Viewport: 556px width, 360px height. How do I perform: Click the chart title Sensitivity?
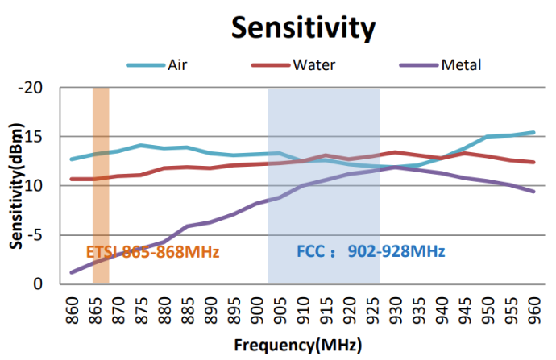click(x=304, y=27)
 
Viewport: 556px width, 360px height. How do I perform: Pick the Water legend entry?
click(x=313, y=64)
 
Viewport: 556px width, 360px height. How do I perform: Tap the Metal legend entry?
click(x=461, y=64)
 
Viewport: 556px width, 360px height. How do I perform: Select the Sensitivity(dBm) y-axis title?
click(x=17, y=185)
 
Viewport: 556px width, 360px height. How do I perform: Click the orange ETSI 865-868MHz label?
click(x=152, y=252)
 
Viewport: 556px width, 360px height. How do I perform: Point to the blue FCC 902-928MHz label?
click(x=371, y=252)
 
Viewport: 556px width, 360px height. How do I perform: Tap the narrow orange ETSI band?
click(x=101, y=185)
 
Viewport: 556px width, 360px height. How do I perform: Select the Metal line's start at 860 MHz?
click(x=71, y=272)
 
